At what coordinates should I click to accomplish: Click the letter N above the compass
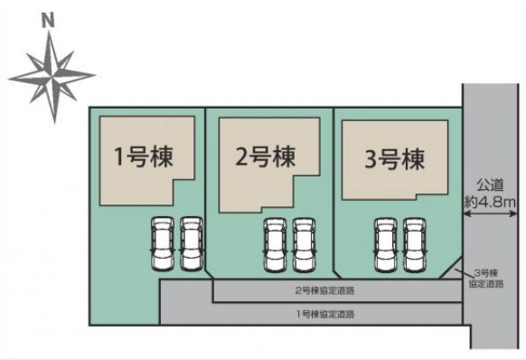[49, 17]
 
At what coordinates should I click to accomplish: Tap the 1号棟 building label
[143, 156]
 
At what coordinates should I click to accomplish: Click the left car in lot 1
[163, 243]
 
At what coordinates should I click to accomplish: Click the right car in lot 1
[191, 243]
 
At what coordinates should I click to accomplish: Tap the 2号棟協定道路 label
[324, 291]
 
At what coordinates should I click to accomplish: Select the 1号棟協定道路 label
[324, 313]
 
